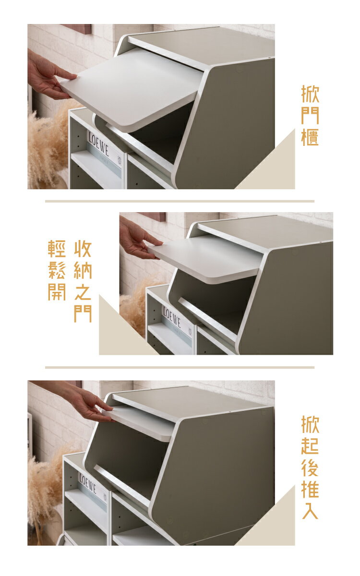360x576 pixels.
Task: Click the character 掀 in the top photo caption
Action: (x=310, y=95)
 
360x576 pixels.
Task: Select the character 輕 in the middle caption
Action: (x=57, y=249)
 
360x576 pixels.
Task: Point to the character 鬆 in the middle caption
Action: (x=57, y=271)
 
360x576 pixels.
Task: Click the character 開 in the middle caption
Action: (x=57, y=292)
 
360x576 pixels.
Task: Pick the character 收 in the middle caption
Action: (x=83, y=249)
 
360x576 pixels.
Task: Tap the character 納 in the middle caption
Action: (x=83, y=271)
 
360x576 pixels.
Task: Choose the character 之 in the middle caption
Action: (x=83, y=292)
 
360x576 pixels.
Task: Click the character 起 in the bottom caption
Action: (x=310, y=445)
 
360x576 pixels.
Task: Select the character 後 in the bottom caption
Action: (x=310, y=467)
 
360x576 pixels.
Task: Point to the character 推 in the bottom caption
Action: (x=310, y=489)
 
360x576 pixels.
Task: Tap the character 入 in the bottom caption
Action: (x=310, y=510)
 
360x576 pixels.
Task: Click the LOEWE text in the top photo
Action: (x=98, y=144)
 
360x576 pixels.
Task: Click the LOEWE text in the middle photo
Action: (x=172, y=317)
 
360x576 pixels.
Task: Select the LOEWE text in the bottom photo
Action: (x=88, y=483)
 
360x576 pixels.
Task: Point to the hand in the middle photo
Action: (x=139, y=239)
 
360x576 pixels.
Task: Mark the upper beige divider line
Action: (x=180, y=201)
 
